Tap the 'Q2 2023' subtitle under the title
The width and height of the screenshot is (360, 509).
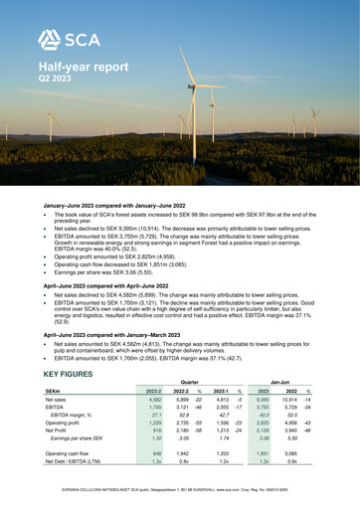[x=55, y=77]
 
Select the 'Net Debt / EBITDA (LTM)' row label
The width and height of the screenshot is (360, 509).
[x=77, y=461]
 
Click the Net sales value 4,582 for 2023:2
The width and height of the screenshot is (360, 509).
[x=154, y=399]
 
